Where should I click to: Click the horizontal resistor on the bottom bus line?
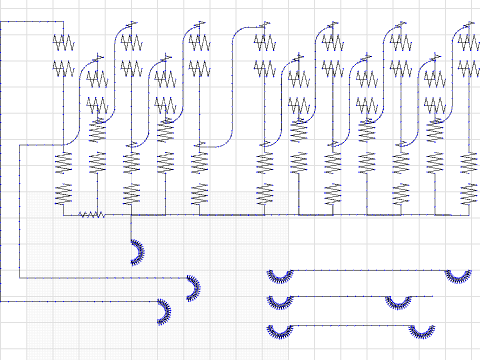pyautogui.click(x=92, y=213)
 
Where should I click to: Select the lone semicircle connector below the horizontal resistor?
pyautogui.click(x=137, y=252)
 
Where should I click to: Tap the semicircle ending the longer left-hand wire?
pyautogui.click(x=192, y=289)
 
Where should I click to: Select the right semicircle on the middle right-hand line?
pyautogui.click(x=399, y=302)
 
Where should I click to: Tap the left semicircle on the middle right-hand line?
pyautogui.click(x=279, y=302)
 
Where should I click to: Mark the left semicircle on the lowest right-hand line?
pyautogui.click(x=279, y=331)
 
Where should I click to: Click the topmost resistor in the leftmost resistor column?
pyautogui.click(x=64, y=42)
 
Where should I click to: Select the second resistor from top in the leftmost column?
pyautogui.click(x=64, y=68)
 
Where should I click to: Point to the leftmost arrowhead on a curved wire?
pyautogui.click(x=97, y=58)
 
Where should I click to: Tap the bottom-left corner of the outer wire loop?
pyautogui.click(x=18, y=277)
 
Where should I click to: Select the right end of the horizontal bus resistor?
pyautogui.click(x=105, y=213)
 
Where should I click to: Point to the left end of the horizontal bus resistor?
pyautogui.click(x=79, y=213)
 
